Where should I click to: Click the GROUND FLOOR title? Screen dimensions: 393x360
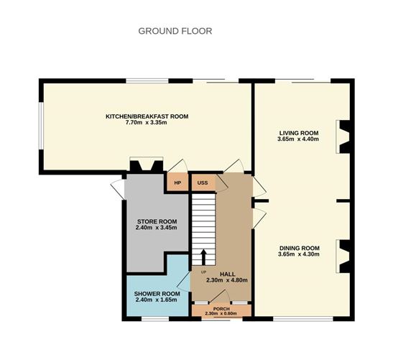175,31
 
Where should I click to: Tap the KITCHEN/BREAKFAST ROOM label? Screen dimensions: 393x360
147,116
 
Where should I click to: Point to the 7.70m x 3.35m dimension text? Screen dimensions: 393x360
147,123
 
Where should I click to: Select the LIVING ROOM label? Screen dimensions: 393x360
299,133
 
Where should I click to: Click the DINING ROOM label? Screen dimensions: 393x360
300,248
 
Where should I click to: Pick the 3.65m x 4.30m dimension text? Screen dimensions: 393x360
298,254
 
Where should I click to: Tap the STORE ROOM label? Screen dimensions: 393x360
157,221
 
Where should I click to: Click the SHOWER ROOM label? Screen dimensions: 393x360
157,294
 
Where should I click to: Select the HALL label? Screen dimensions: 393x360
227,274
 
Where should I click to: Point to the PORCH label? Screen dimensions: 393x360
221,309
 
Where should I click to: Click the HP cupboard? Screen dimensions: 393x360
177,182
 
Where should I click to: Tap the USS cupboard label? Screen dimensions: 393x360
203,183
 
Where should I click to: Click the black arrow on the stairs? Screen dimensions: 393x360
203,257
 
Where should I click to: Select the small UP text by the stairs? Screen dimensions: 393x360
203,272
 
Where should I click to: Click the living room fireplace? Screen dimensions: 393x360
343,137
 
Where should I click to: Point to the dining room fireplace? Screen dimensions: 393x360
343,257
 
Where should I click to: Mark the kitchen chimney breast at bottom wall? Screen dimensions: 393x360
147,165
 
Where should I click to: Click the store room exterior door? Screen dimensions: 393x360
118,190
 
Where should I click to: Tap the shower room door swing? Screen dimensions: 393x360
184,282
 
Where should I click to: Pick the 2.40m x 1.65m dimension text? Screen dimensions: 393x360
156,300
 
